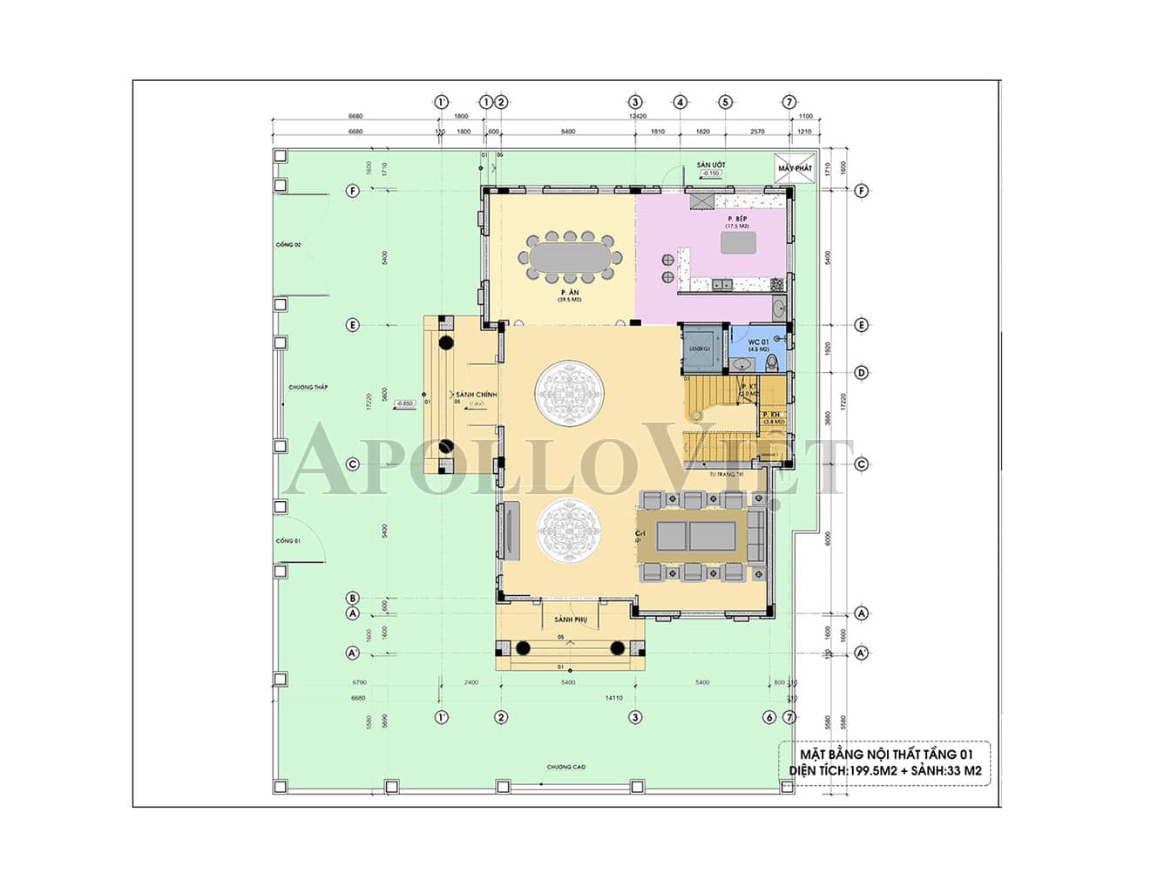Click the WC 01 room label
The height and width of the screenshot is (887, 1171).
tap(758, 342)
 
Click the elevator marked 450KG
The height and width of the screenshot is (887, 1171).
tap(700, 348)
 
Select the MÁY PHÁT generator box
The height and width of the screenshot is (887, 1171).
tap(793, 167)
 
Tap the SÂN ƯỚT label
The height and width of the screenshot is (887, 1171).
tap(710, 165)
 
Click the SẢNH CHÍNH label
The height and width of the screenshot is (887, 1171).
tap(476, 395)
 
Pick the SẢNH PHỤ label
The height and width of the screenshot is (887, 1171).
tap(571, 620)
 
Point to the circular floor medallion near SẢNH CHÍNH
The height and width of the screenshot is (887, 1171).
tap(565, 394)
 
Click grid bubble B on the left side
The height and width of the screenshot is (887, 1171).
tap(353, 598)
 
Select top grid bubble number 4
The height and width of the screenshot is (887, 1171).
tap(680, 102)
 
